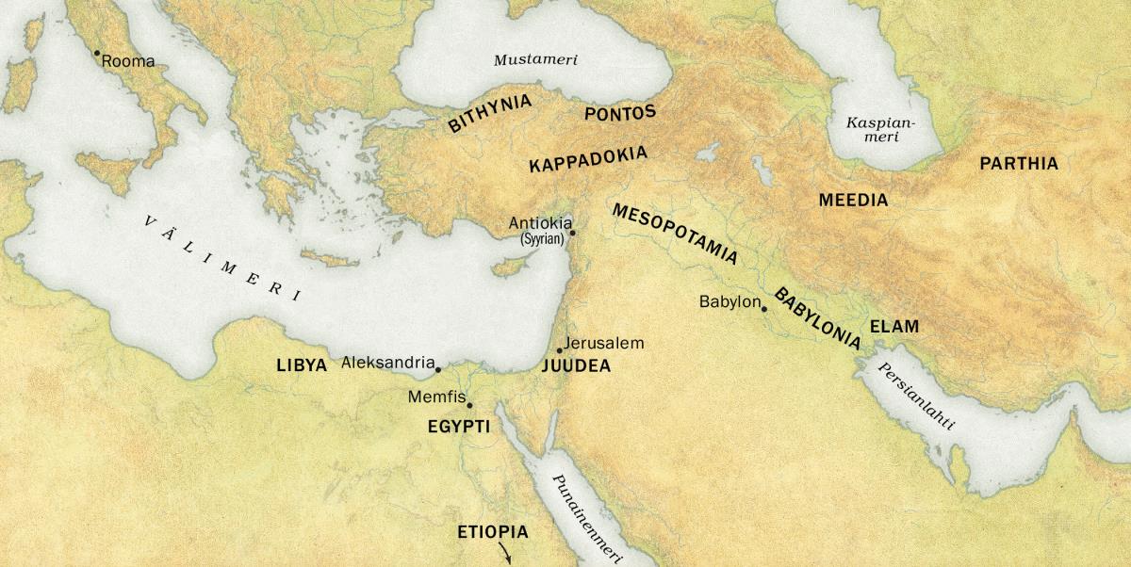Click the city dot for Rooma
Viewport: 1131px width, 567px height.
tap(96, 54)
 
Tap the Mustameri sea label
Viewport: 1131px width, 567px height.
tap(535, 60)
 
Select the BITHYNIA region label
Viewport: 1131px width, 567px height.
tap(489, 112)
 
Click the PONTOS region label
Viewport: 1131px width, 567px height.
tap(619, 113)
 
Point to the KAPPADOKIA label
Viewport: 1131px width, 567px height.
tap(588, 159)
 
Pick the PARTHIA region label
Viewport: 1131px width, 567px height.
tap(1019, 164)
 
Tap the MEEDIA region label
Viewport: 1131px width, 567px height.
tap(853, 201)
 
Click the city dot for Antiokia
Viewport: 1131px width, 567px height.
tap(572, 233)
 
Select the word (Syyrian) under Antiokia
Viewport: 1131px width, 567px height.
tap(542, 240)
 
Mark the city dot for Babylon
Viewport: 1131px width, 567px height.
tap(764, 309)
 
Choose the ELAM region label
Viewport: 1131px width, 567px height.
tap(893, 328)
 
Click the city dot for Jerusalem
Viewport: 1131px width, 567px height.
tap(560, 351)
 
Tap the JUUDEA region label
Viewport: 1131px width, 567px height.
tap(576, 366)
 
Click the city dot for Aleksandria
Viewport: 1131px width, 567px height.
tap(438, 369)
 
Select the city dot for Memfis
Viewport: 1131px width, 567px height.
tap(469, 406)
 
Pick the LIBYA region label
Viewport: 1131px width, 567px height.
tap(302, 365)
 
